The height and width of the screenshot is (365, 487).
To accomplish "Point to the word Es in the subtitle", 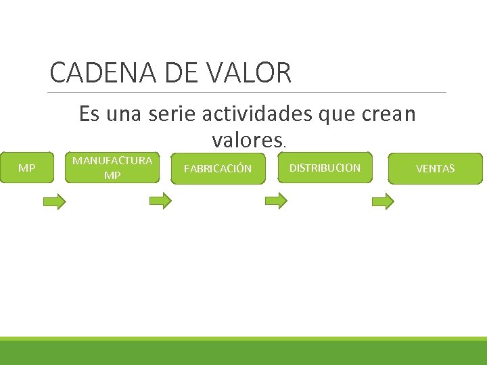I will tap(89, 114).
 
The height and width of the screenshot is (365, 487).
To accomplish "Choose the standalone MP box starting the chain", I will tap(27, 168).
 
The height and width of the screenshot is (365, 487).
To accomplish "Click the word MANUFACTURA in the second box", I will tap(112, 161).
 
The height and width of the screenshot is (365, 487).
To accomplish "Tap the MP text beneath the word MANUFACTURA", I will tap(112, 175).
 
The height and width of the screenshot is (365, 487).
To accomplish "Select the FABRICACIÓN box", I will tap(217, 168).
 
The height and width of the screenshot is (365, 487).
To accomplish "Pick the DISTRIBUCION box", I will tap(325, 168).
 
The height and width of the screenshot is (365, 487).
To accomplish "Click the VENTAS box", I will tap(435, 168).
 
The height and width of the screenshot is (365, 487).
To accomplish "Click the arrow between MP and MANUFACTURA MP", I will tap(55, 201).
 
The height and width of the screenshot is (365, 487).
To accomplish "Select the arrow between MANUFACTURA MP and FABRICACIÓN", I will tap(160, 201).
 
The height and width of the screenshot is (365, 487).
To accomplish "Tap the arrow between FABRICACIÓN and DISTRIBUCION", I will tap(276, 201).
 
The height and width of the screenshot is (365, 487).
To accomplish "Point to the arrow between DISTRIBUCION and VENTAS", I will tap(383, 201).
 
